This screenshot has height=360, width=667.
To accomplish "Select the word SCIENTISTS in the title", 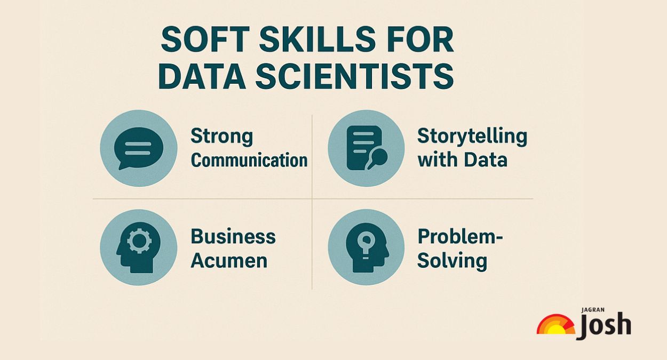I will coord(354,76).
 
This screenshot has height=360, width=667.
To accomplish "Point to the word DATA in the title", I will coord(201,76).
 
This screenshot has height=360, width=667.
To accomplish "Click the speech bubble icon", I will coord(139,148).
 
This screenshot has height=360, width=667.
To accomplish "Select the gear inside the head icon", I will coord(140,241).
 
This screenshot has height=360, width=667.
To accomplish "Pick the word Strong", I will coord(221,136).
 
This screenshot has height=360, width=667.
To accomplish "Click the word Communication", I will coord(249,160).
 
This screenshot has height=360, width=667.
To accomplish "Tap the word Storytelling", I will coord(472,136).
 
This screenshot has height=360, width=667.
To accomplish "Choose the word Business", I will coord(233,236).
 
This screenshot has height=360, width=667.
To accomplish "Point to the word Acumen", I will coord(229,261).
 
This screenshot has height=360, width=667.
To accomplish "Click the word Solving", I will coord(451,261).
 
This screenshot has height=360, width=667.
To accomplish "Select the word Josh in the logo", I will coord(604,325).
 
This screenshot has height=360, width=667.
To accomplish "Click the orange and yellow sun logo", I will coord(555,325).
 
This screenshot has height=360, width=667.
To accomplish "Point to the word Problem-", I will coord(460,236).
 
